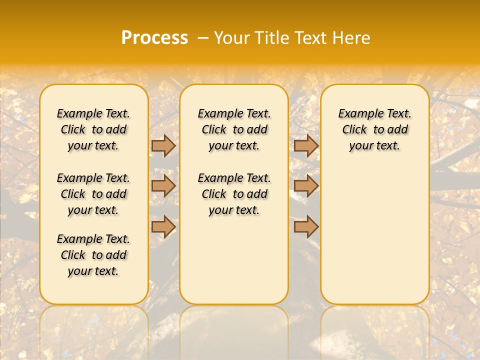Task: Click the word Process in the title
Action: point(154,37)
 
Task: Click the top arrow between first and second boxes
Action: point(163,145)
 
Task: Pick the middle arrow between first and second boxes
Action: point(163,186)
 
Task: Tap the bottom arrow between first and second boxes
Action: point(163,226)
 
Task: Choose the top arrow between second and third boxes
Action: point(306,145)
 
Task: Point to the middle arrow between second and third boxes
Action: point(306,186)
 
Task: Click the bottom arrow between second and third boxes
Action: point(306,226)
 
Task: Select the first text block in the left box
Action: point(93,129)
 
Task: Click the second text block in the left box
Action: point(93,194)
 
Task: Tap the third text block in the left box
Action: point(93,255)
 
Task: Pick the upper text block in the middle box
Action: point(234,129)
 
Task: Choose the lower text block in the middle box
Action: point(234,194)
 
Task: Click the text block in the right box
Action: point(375,129)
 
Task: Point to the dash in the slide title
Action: point(203,38)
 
